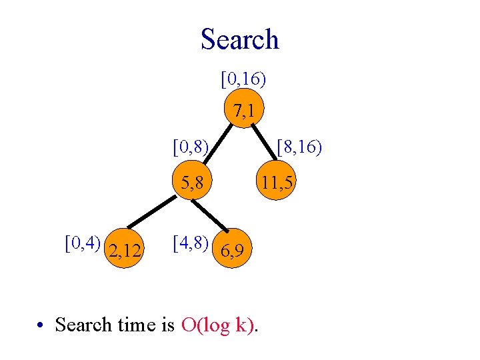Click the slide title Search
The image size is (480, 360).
tap(239, 39)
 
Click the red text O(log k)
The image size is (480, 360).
tap(217, 325)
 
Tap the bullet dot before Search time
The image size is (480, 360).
tap(41, 325)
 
